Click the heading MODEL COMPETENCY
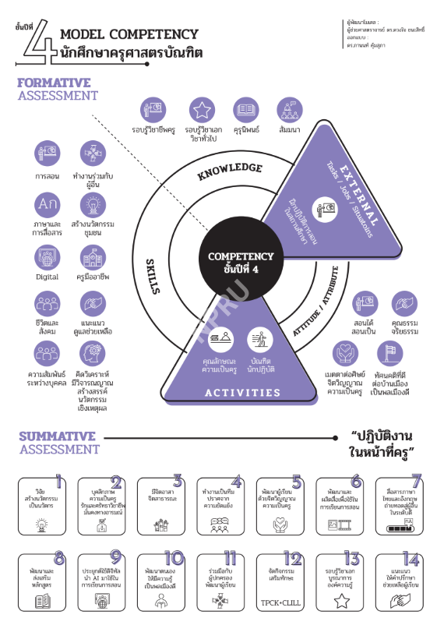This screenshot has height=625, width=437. (x=129, y=34)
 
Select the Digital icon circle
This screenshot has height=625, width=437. (x=47, y=256)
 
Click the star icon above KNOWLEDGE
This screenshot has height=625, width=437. (x=203, y=110)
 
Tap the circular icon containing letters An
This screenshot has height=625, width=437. (x=47, y=204)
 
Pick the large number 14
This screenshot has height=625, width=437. (x=413, y=558)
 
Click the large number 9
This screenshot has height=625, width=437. (x=116, y=558)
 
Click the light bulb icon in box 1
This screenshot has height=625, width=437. (x=41, y=524)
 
